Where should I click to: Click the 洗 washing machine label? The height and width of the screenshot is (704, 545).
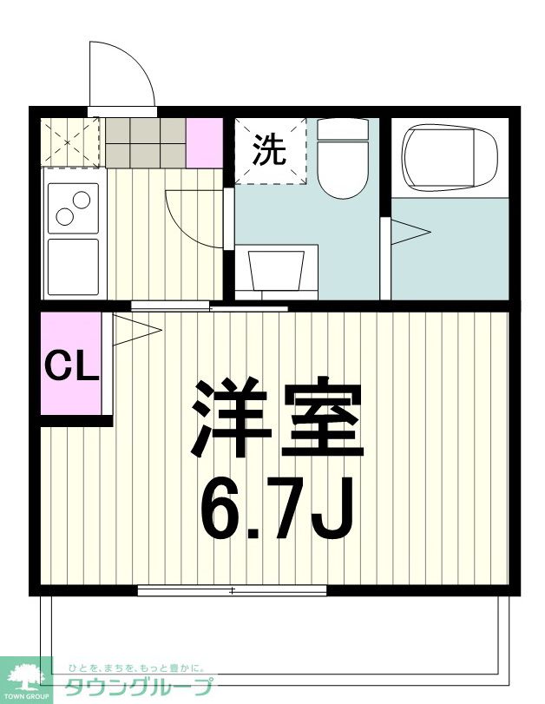(269, 151)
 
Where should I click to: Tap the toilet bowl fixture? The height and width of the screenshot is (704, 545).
(343, 161)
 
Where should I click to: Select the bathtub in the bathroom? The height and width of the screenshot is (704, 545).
(449, 156)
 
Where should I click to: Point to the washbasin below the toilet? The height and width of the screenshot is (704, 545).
(276, 269)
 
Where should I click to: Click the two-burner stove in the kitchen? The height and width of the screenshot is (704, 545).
(74, 207)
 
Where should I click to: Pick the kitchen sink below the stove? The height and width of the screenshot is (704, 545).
(74, 266)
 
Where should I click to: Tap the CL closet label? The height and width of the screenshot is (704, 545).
(72, 366)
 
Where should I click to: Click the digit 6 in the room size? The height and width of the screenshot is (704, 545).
(221, 507)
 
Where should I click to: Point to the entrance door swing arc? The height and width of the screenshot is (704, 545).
(122, 73)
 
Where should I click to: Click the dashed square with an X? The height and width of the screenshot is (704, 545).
(71, 140)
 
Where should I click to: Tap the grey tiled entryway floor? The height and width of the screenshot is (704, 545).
(145, 140)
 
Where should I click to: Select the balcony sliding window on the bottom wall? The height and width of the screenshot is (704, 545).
(232, 590)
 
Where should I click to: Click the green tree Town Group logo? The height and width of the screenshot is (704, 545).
(26, 677)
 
